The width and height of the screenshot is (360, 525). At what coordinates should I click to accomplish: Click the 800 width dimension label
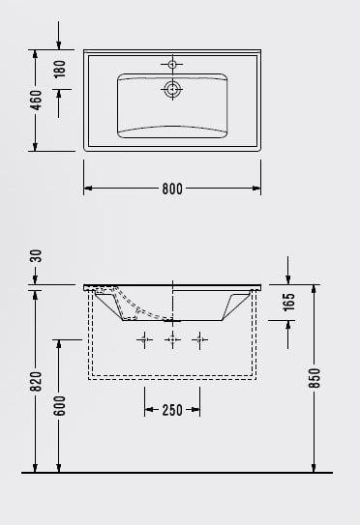172,190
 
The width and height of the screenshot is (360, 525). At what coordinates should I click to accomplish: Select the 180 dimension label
59,70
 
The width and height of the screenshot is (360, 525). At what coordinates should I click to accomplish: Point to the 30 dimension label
36,256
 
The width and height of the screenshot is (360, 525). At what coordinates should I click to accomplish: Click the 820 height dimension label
36,383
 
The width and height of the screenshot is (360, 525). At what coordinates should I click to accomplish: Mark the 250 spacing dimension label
172,410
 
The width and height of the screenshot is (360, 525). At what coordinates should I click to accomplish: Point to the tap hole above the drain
173,65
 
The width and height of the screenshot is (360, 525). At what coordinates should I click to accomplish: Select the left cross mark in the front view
145,339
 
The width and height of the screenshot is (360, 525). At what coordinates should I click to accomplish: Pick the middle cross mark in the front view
173,339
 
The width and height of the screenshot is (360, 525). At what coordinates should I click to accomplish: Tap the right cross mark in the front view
200,339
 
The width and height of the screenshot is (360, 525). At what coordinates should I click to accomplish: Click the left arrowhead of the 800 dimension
88,190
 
